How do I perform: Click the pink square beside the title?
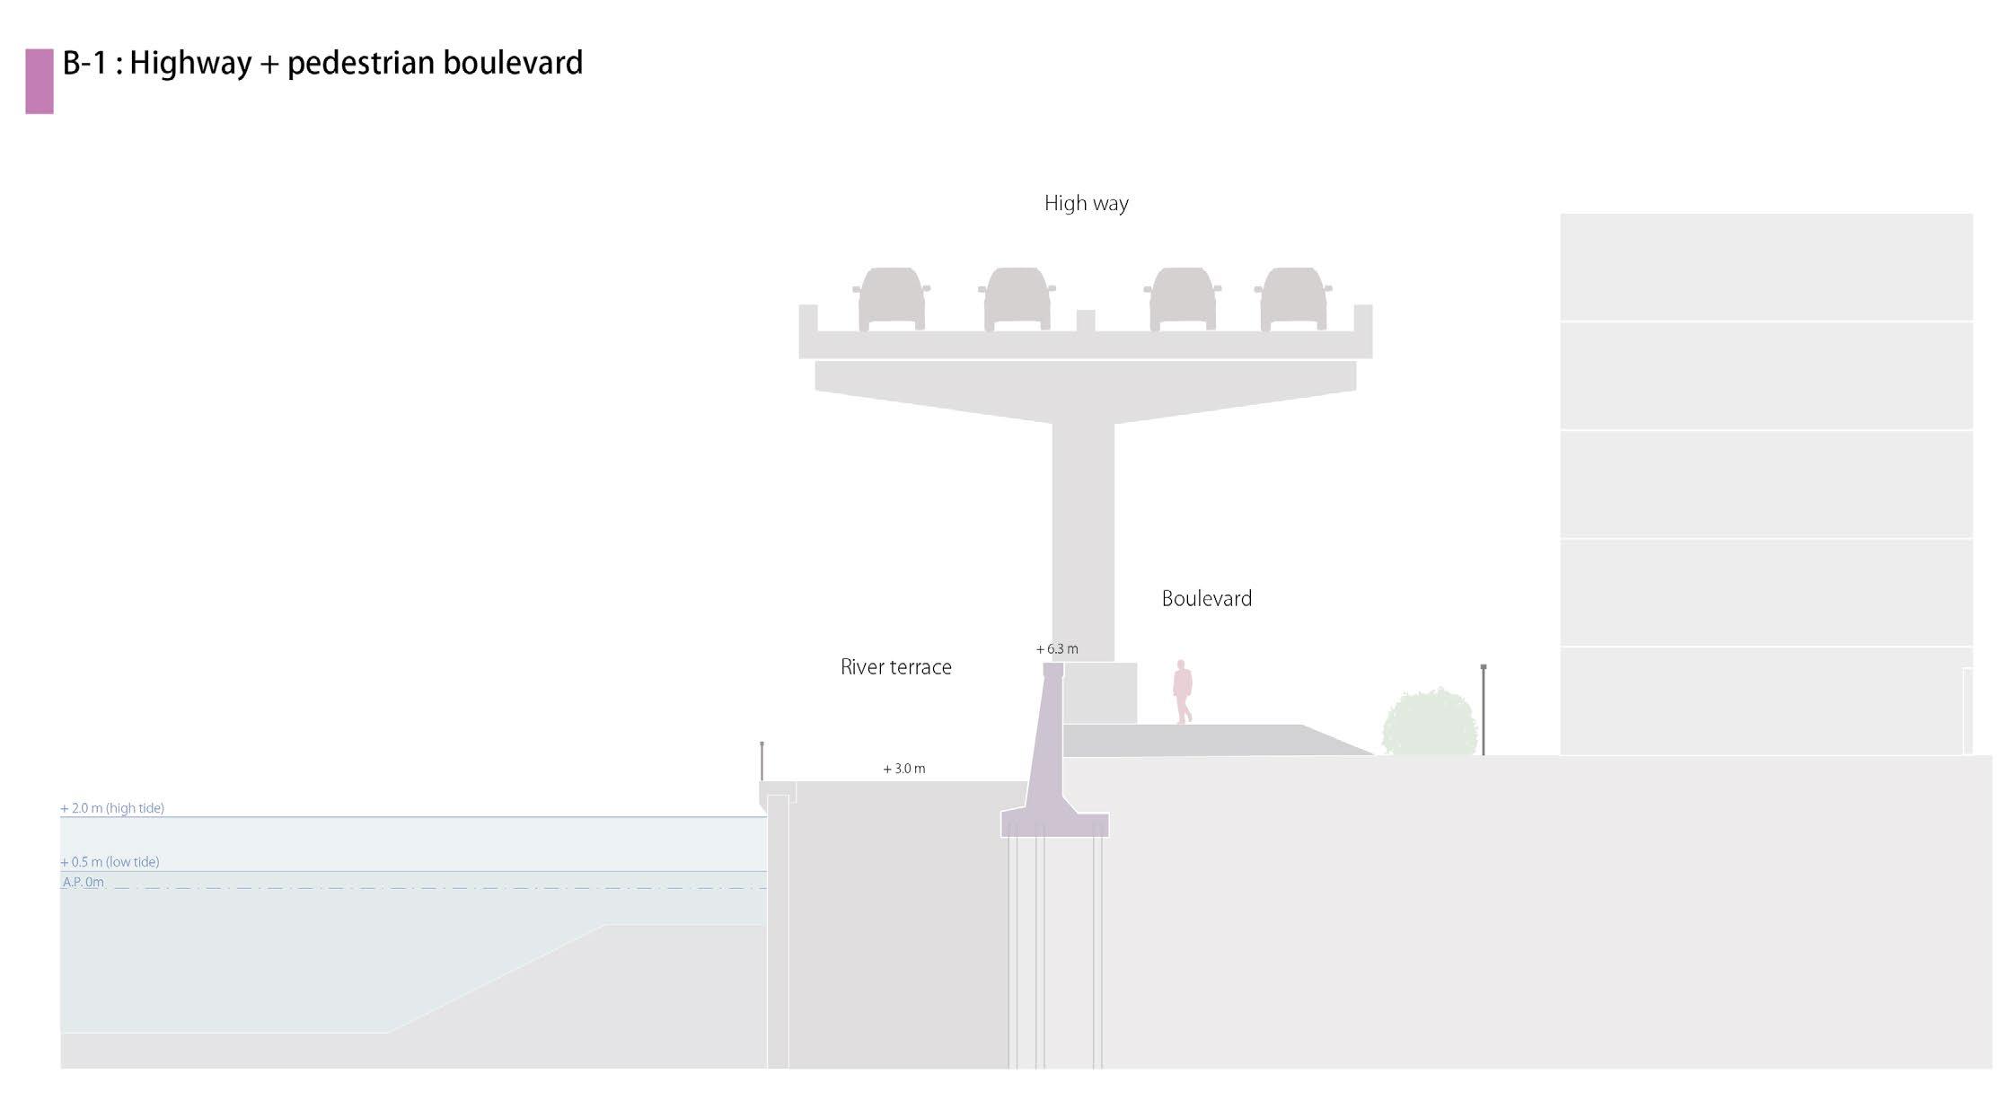[x=40, y=81]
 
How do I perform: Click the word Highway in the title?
[x=190, y=64]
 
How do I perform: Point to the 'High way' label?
[x=1086, y=204]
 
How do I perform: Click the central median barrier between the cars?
[x=1085, y=321]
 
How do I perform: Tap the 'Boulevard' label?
[x=1206, y=599]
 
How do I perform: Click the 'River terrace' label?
[x=895, y=667]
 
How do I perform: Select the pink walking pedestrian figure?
[x=1182, y=691]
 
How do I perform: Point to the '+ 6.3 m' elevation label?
[x=1057, y=649]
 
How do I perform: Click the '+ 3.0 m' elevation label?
[x=903, y=769]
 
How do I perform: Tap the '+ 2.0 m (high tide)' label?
[x=112, y=808]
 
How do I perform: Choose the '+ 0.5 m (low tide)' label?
[x=110, y=862]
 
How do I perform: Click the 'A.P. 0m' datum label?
[x=83, y=883]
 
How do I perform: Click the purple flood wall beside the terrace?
[x=1047, y=763]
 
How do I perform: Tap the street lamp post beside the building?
[x=1483, y=709]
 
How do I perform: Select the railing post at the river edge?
[x=762, y=761]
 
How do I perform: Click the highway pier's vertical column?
[x=1083, y=539]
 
